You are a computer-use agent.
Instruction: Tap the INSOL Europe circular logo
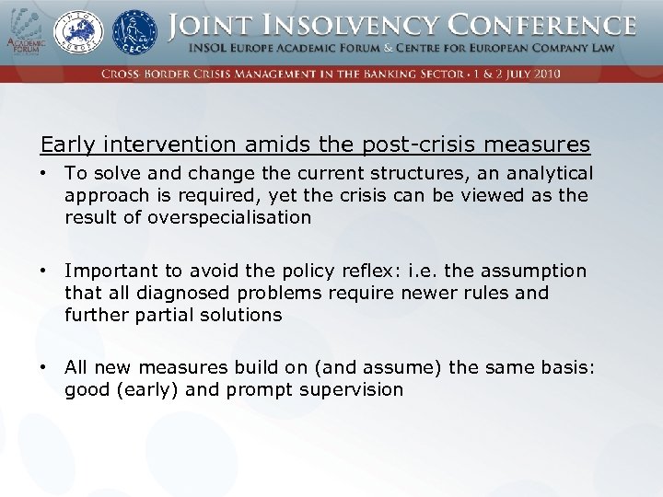81,31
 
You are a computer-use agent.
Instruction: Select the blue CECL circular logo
134,31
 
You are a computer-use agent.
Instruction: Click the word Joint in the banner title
210,25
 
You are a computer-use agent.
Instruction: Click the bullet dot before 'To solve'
44,173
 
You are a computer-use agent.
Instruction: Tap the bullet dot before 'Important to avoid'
44,271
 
